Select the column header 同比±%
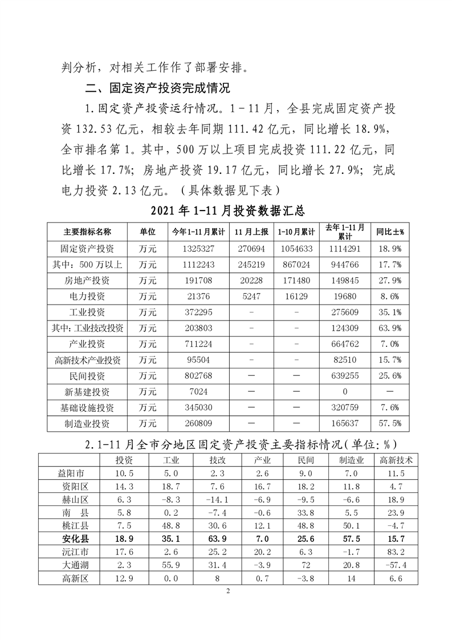(390, 232)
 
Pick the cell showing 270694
(253, 249)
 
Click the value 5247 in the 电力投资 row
(253, 296)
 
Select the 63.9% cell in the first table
(390, 328)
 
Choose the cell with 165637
(344, 424)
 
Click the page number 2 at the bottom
(227, 591)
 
